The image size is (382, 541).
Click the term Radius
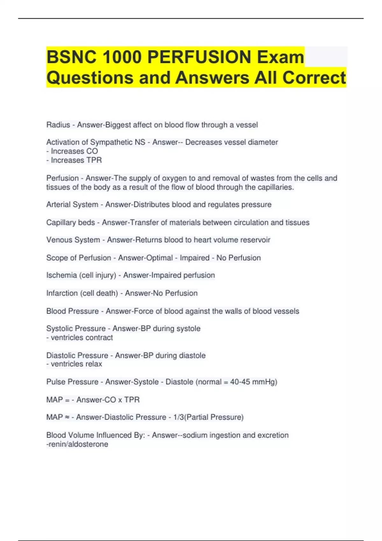(58, 125)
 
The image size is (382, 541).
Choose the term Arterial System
(72, 205)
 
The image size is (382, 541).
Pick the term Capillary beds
(71, 222)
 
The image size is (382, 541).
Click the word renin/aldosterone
(77, 444)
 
